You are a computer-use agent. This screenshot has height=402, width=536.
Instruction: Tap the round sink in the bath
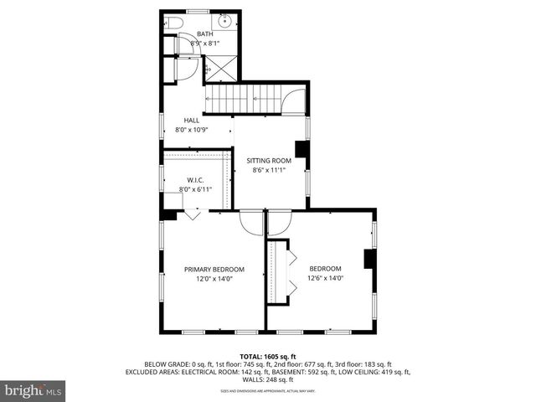pos(225,21)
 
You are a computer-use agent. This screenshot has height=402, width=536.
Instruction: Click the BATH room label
pos(205,34)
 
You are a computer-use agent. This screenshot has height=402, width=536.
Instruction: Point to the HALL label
pos(192,121)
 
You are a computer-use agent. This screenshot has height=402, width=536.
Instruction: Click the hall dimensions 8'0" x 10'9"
pos(192,130)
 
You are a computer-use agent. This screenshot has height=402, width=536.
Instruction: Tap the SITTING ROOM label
pos(268,160)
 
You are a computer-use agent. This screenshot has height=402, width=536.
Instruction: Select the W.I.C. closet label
pos(194,180)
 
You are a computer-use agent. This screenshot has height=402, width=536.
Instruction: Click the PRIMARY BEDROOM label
pos(214,269)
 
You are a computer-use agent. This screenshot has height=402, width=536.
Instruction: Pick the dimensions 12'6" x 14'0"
pos(326,278)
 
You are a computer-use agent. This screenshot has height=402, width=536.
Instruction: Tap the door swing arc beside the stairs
pos(293,102)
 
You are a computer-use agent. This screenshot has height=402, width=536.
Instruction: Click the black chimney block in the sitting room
pos(301,150)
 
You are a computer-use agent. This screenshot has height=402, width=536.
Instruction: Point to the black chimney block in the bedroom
pos(368,259)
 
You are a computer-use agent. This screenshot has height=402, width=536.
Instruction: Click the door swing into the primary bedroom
pos(251,223)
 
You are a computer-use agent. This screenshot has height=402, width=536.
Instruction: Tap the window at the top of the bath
pos(198,11)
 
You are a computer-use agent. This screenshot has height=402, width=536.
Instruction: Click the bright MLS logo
pos(33,389)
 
